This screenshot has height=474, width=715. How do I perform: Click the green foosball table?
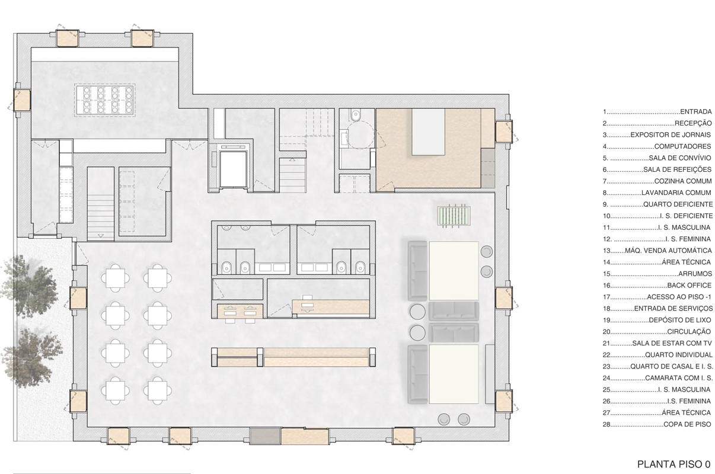point(454,216)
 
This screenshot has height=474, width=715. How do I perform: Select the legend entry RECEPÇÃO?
point(693,123)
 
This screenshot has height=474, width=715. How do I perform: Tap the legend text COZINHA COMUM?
point(683,181)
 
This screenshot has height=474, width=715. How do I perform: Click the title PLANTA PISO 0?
point(673,464)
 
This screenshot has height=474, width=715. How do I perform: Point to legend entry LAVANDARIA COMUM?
point(676,193)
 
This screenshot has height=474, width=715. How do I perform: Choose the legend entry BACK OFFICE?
point(689,285)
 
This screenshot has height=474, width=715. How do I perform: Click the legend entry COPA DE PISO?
point(687,424)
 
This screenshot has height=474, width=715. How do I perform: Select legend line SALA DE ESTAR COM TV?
point(672,343)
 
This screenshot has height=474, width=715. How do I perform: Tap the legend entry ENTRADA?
point(696,111)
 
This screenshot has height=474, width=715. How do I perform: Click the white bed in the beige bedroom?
point(429,132)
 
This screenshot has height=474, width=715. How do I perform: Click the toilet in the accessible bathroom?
point(355,115)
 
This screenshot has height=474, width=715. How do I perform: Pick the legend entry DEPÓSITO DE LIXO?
point(679,320)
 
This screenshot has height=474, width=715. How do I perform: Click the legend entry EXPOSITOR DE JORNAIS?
point(671,134)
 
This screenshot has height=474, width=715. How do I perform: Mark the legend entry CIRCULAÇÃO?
point(689,332)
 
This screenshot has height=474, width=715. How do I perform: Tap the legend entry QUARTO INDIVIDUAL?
point(679,355)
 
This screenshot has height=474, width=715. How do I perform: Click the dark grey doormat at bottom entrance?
point(265,436)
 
